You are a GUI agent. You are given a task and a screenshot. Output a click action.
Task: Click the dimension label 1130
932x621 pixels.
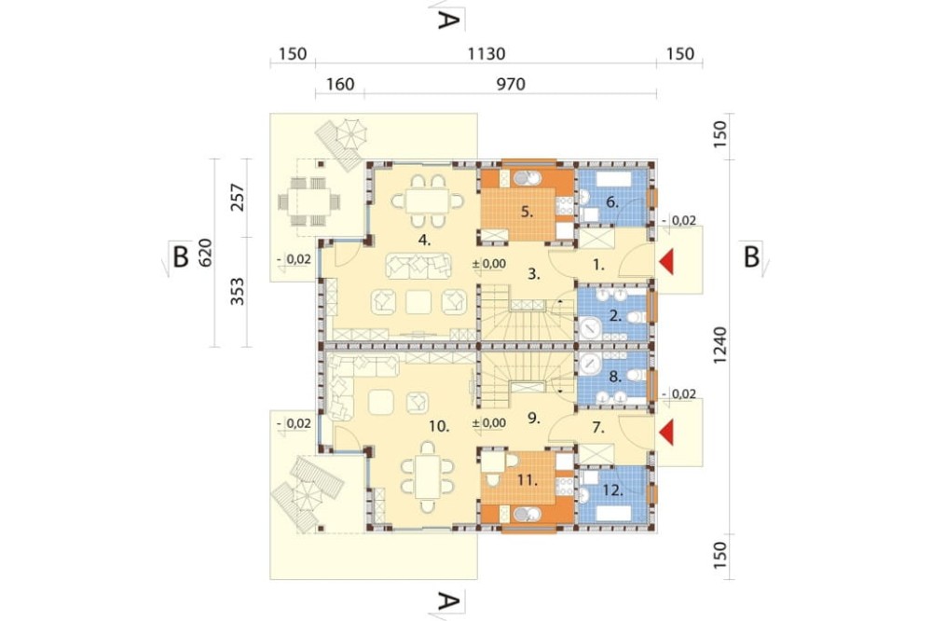(x=487, y=54)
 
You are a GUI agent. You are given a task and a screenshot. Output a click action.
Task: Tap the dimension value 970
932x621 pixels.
(x=511, y=85)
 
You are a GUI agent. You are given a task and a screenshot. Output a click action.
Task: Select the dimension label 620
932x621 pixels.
(x=204, y=254)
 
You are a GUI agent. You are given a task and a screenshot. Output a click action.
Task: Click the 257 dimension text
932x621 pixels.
(x=237, y=198)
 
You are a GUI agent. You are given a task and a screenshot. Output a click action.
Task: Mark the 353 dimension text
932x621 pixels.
(x=237, y=291)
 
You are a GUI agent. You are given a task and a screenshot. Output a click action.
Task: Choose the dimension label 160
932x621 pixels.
(x=340, y=85)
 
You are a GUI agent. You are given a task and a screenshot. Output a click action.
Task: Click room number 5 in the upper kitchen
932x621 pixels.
(x=527, y=211)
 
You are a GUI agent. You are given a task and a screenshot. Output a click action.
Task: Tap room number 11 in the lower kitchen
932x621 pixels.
(x=527, y=479)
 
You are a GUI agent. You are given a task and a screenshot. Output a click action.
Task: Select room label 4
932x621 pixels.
(x=424, y=241)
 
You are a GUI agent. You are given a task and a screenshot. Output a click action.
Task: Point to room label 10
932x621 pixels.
(x=439, y=426)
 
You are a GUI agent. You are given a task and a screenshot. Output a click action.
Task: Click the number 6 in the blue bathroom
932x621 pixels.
(x=612, y=202)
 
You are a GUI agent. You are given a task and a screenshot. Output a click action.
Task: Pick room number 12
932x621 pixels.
(x=613, y=490)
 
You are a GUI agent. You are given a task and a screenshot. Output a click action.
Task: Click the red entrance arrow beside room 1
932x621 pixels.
(x=666, y=262)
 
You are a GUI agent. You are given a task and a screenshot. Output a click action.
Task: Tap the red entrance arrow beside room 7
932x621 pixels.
(x=666, y=433)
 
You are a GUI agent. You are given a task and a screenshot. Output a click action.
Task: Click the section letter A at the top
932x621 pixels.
(x=448, y=21)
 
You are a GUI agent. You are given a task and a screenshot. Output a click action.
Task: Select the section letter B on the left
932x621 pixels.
(x=180, y=257)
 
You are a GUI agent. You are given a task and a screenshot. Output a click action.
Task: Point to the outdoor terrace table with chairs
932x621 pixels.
(x=309, y=201)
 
